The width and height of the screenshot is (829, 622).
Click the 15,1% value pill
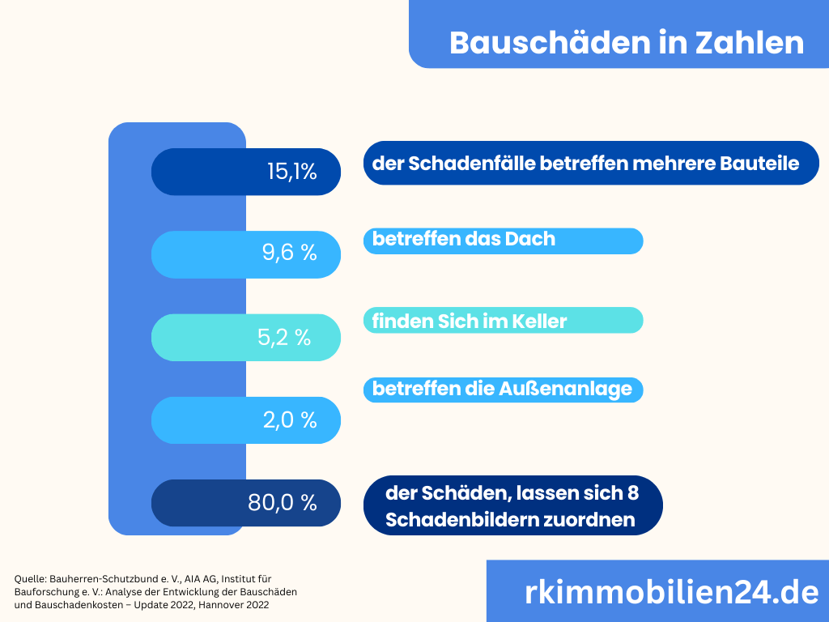pos(246,172)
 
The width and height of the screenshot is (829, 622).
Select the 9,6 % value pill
pos(246,254)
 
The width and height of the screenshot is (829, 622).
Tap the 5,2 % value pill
pos(246,337)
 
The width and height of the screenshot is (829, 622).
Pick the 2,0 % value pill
pos(246,420)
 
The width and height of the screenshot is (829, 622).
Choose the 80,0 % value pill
pos(246,503)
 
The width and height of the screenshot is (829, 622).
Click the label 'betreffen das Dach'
pos(464,240)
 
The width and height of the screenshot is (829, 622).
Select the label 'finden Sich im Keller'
pos(470,322)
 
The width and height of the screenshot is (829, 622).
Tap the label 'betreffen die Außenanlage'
pos(502,390)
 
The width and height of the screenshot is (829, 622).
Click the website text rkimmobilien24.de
pos(671,592)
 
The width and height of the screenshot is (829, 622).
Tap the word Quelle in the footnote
pos(30,579)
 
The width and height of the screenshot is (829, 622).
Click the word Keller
pos(540,322)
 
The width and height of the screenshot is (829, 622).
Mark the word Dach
pos(535,240)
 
